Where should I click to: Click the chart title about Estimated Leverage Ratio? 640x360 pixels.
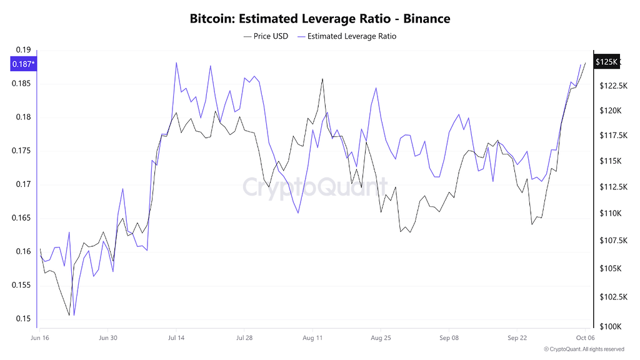pyautogui.click(x=320, y=19)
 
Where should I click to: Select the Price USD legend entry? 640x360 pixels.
pyautogui.click(x=266, y=36)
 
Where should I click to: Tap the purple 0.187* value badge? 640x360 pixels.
pyautogui.click(x=23, y=63)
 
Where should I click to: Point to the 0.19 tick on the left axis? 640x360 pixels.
pyautogui.click(x=23, y=50)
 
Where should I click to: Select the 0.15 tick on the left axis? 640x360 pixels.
pyautogui.click(x=23, y=319)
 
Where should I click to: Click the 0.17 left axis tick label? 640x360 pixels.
pyautogui.click(x=23, y=184)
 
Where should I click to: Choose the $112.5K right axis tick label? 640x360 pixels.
pyautogui.click(x=611, y=187)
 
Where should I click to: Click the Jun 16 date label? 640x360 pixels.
pyautogui.click(x=40, y=338)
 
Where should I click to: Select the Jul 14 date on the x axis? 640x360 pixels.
pyautogui.click(x=176, y=338)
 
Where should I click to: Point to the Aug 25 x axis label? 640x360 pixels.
pyautogui.click(x=381, y=338)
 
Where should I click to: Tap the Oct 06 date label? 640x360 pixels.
pyautogui.click(x=585, y=338)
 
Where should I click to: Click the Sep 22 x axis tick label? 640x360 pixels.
pyautogui.click(x=517, y=338)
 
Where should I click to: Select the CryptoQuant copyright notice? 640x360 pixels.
pyautogui.click(x=584, y=349)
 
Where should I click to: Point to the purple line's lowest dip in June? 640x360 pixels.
pyautogui.click(x=74, y=316)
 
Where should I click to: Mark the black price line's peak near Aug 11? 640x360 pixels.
pyautogui.click(x=322, y=79)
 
